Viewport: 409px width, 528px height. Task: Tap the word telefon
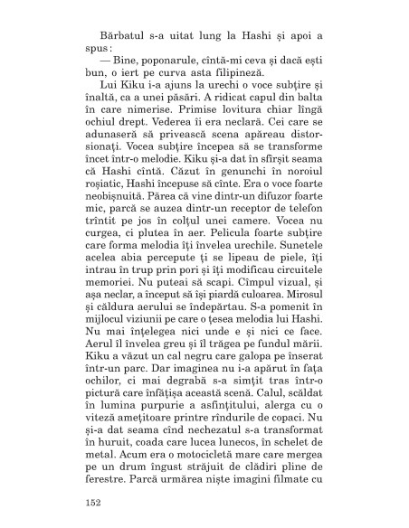(x=295, y=224)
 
